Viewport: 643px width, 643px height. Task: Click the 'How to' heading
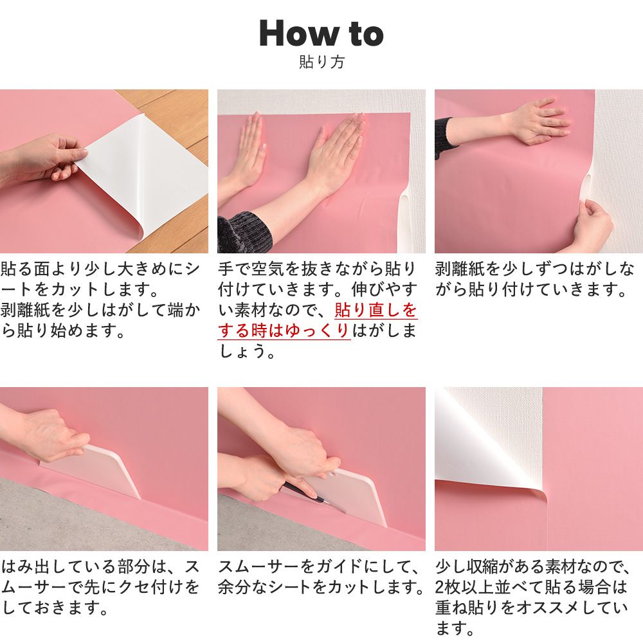coord(321,33)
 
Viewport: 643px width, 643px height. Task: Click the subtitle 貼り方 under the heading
coord(321,62)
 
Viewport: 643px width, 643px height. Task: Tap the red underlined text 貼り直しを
coord(376,310)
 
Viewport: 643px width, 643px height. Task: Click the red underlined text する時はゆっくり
coord(284,331)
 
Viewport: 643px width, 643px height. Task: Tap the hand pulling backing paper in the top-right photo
coord(593,224)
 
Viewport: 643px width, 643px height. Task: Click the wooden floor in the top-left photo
coord(172,119)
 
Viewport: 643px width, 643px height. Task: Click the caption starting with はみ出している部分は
coord(100,587)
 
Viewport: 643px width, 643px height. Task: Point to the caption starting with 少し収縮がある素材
coord(533,597)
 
